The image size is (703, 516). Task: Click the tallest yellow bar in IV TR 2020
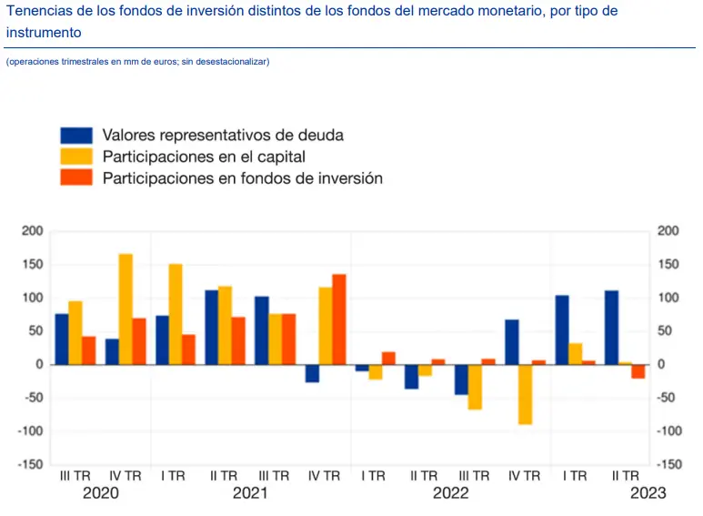click(126, 309)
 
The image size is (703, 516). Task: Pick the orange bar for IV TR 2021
click(338, 319)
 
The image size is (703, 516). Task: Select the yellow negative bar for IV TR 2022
click(526, 394)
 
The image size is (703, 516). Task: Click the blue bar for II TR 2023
click(612, 328)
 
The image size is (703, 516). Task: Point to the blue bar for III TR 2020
click(62, 339)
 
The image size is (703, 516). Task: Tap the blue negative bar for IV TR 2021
click(312, 373)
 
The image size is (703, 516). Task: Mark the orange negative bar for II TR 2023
click(638, 371)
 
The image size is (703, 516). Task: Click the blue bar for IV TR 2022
click(512, 342)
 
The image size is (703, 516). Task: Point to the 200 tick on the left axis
click(32, 231)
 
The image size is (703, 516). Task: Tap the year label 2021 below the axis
click(250, 493)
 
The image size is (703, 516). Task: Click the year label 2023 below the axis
click(648, 493)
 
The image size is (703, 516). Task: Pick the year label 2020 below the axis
click(100, 493)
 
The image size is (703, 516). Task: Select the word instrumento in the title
click(44, 32)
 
